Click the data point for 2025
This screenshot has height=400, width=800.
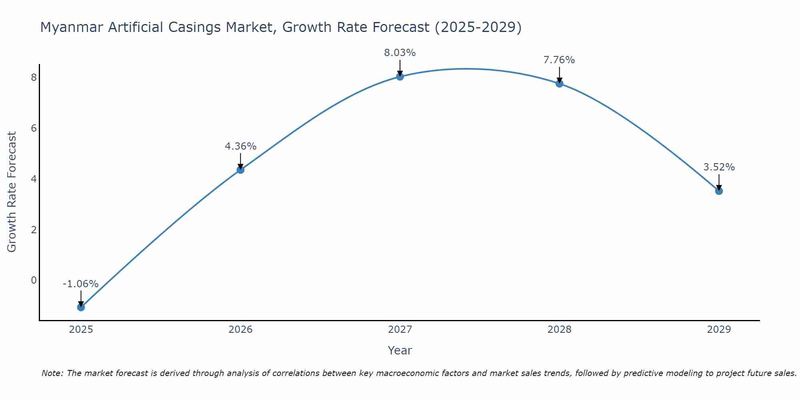coord(81,307)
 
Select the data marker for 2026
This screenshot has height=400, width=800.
coord(240,170)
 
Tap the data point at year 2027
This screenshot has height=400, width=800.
coord(400,76)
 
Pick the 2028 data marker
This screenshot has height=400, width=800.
coord(559,83)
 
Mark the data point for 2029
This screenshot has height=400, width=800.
coord(719,191)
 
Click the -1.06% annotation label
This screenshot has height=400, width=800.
coord(80,284)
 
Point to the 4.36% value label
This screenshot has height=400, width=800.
coord(240,146)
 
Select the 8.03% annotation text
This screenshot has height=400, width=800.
coord(400,53)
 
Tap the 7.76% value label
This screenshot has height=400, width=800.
coord(559,60)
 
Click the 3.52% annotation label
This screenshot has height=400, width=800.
coord(719,167)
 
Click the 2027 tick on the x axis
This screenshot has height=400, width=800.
coord(400,330)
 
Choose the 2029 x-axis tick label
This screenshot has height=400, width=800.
coord(719,330)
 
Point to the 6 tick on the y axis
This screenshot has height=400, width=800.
coord(34,128)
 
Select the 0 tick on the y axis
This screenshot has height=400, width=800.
coord(34,280)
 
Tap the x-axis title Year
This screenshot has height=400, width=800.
coord(400,350)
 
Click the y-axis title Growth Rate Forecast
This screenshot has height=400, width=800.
coord(12,192)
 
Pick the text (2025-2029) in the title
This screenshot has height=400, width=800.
coord(478,27)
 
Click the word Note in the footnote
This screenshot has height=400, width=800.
coord(52,373)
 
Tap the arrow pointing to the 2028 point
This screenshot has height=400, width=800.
coord(559,74)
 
